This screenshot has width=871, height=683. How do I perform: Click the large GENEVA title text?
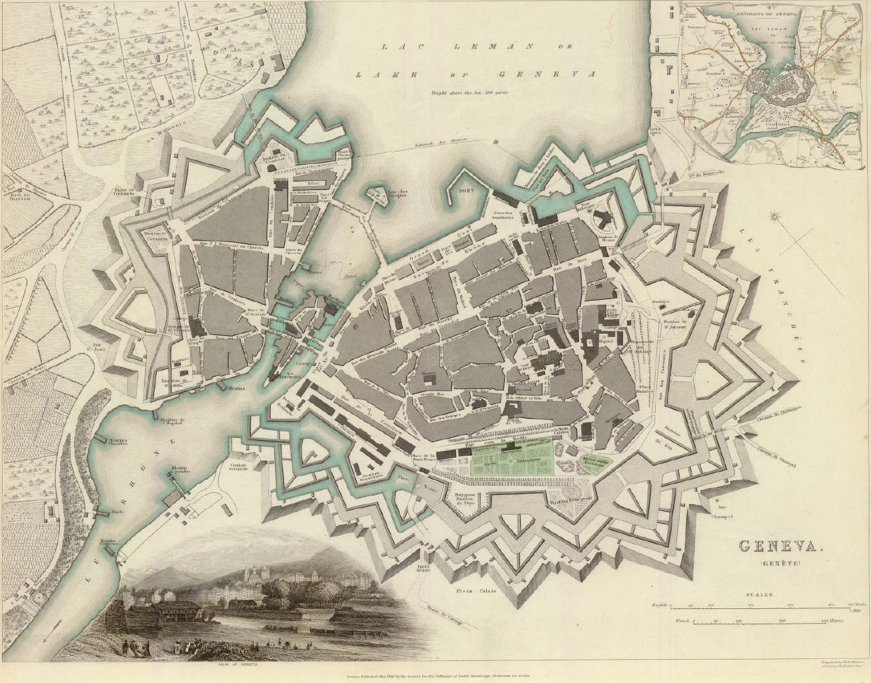pyautogui.click(x=778, y=546)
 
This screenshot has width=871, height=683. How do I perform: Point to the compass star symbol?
pyautogui.click(x=776, y=216)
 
